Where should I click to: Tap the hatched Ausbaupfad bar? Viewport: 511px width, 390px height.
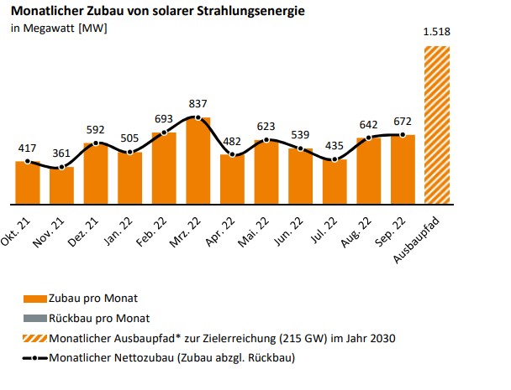click(x=437, y=125)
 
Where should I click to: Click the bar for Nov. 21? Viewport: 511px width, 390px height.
click(x=61, y=185)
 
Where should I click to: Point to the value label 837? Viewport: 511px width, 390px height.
click(x=198, y=104)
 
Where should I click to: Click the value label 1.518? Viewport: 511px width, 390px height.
click(x=437, y=33)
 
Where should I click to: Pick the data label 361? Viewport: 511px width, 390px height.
click(x=61, y=154)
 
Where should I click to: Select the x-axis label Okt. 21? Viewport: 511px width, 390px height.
click(x=18, y=227)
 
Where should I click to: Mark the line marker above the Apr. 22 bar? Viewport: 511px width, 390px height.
click(x=232, y=155)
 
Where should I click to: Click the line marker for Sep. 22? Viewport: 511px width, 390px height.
click(x=403, y=135)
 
